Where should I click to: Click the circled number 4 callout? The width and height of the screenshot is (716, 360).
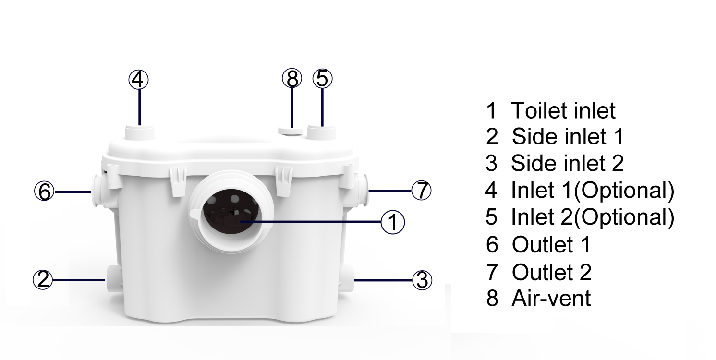click(x=138, y=80)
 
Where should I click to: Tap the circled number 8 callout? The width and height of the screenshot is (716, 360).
click(x=292, y=78)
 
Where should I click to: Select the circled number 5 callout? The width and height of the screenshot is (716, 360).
click(x=323, y=78)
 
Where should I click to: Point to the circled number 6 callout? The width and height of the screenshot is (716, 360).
click(x=45, y=191)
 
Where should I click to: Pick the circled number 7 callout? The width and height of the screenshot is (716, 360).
click(x=421, y=191)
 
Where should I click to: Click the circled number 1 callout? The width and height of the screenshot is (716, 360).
click(x=393, y=222)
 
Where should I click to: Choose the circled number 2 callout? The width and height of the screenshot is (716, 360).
click(x=43, y=279)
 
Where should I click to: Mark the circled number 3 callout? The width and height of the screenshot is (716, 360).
click(x=422, y=280)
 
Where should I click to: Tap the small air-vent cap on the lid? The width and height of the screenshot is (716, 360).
click(x=291, y=131)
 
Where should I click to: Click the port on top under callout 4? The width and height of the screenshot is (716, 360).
click(x=140, y=132)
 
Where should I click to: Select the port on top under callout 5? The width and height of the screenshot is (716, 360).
click(x=321, y=132)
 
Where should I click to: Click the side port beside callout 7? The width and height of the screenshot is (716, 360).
click(x=362, y=191)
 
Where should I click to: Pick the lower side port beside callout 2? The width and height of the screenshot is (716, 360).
click(x=113, y=278)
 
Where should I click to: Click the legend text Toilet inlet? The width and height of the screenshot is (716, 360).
click(x=563, y=110)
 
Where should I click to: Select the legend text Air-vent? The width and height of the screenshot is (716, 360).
click(x=551, y=299)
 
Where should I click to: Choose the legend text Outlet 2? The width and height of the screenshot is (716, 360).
click(x=552, y=272)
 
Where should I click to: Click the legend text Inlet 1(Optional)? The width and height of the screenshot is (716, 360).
click(x=593, y=191)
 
